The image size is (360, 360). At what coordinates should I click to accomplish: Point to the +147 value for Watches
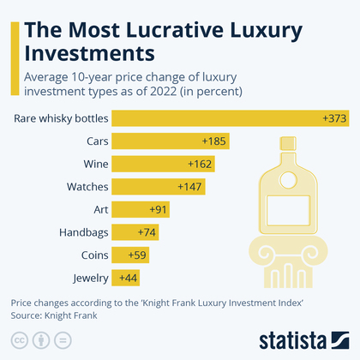click(x=190, y=186)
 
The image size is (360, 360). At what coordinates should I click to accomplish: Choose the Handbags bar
click(x=135, y=232)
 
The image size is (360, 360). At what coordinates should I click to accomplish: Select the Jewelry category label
click(x=91, y=279)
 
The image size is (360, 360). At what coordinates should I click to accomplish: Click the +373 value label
click(x=334, y=117)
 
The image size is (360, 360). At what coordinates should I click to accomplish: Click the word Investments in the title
click(x=89, y=54)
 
